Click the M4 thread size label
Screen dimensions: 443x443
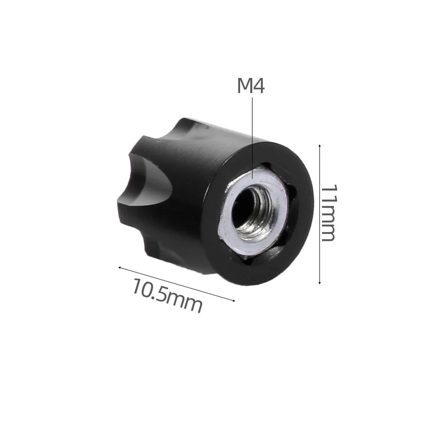pos(250,86)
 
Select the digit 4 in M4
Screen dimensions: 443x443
pos(259,86)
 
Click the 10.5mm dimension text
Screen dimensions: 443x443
pos(167,295)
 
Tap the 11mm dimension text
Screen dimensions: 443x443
pos(329,213)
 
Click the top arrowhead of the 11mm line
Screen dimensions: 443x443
pos(320,146)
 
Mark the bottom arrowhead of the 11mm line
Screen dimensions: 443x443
pos(320,282)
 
